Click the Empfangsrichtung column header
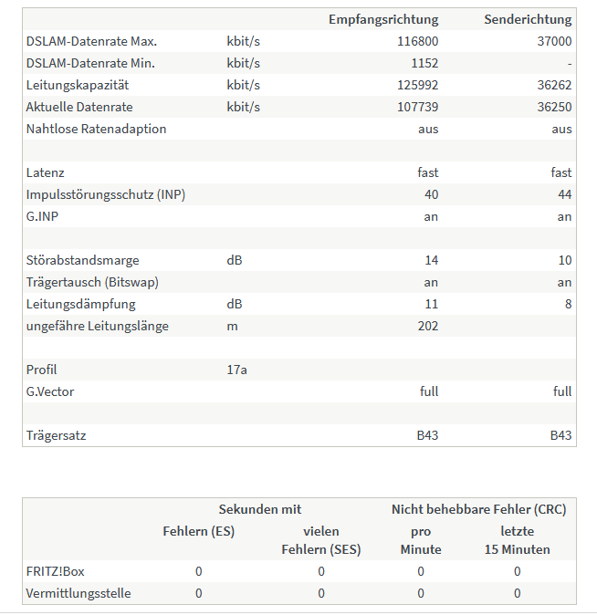point(383,19)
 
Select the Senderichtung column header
point(528,19)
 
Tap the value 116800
point(418,41)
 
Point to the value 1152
point(424,63)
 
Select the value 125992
point(418,85)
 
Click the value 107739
point(418,107)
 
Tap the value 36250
point(555,107)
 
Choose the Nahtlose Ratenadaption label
point(97,129)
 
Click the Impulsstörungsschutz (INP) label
point(106,194)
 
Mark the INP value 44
point(564,194)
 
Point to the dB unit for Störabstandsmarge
point(235,260)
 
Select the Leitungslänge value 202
point(427,326)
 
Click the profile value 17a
point(236,370)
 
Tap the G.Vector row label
point(50,391)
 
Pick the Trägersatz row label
point(57,435)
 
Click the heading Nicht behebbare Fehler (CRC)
point(478,509)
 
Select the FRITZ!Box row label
point(55,571)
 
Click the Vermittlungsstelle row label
point(79,593)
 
